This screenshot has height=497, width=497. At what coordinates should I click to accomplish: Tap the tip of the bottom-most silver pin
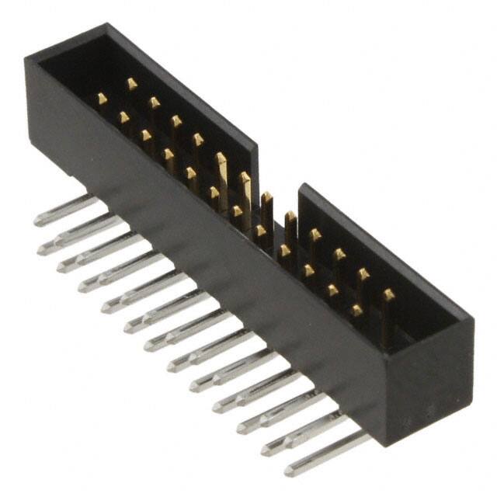[289, 470]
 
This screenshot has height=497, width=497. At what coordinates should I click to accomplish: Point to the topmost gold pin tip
[132, 83]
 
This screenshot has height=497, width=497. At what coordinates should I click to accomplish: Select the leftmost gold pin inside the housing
[102, 98]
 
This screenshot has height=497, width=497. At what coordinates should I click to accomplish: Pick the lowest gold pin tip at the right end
[356, 310]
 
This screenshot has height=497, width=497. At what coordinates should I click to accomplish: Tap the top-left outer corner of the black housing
[26, 56]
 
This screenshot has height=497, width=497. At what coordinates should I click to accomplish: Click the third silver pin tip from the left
[61, 267]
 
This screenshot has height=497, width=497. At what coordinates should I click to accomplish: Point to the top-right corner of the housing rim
[471, 318]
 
